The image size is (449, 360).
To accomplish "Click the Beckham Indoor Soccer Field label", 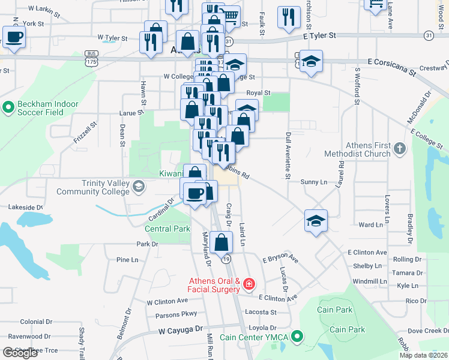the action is (48, 108).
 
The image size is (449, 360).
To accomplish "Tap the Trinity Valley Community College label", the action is (92, 187).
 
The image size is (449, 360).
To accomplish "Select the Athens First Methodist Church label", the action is (368, 149).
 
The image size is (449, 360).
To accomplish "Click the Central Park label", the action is (167, 229).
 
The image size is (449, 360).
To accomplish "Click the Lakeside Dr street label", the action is (25, 207).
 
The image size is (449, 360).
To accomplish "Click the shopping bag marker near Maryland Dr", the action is (221, 242).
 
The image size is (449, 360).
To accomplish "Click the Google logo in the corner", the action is (20, 353).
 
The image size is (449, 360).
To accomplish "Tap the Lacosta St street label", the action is (261, 312).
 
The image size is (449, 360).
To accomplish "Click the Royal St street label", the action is (259, 93).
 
